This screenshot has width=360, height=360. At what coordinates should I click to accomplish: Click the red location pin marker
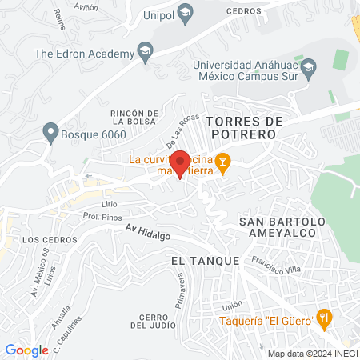[182, 163]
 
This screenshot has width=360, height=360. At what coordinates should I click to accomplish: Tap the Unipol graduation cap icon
[186, 13]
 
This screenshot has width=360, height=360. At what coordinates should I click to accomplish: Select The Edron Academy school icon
[145, 54]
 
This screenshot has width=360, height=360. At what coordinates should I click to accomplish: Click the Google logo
[26, 350]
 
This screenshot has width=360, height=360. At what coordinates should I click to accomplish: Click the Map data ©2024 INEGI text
[310, 353]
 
